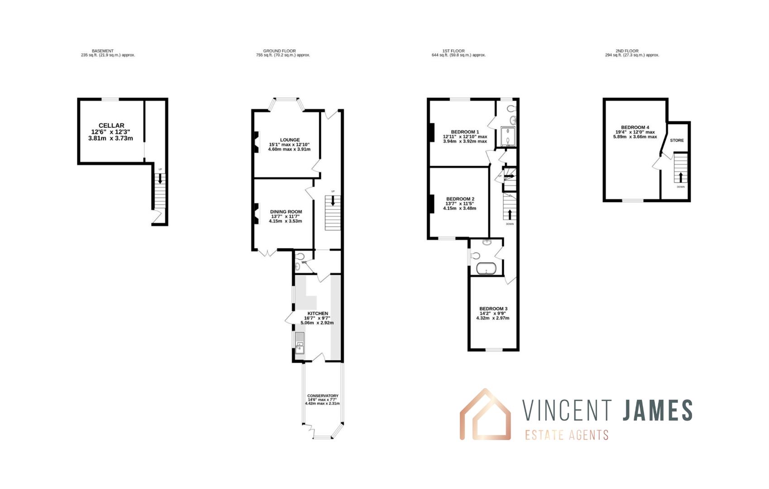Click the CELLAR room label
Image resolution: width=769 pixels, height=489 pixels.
point(111,125)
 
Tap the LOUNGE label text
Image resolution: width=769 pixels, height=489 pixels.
point(290,140)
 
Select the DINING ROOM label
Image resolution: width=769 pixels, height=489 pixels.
point(286,211)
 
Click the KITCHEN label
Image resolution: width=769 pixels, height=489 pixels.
point(318,313)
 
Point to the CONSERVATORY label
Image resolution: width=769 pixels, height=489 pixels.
point(323,396)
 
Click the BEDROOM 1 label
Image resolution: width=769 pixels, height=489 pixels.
point(465,132)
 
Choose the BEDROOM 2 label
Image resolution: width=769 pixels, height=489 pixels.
point(460,199)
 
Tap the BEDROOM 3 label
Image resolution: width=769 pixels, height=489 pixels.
point(493,309)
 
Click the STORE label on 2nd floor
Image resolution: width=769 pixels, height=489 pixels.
point(677,140)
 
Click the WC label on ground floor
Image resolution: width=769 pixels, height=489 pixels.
point(304,262)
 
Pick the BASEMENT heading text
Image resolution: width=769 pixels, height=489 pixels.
point(103,51)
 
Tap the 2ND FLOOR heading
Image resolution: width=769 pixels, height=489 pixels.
point(627,51)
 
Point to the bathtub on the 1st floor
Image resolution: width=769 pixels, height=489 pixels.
point(487,269)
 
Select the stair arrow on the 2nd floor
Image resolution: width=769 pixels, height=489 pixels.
point(680,177)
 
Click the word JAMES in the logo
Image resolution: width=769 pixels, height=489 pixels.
point(657,410)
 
